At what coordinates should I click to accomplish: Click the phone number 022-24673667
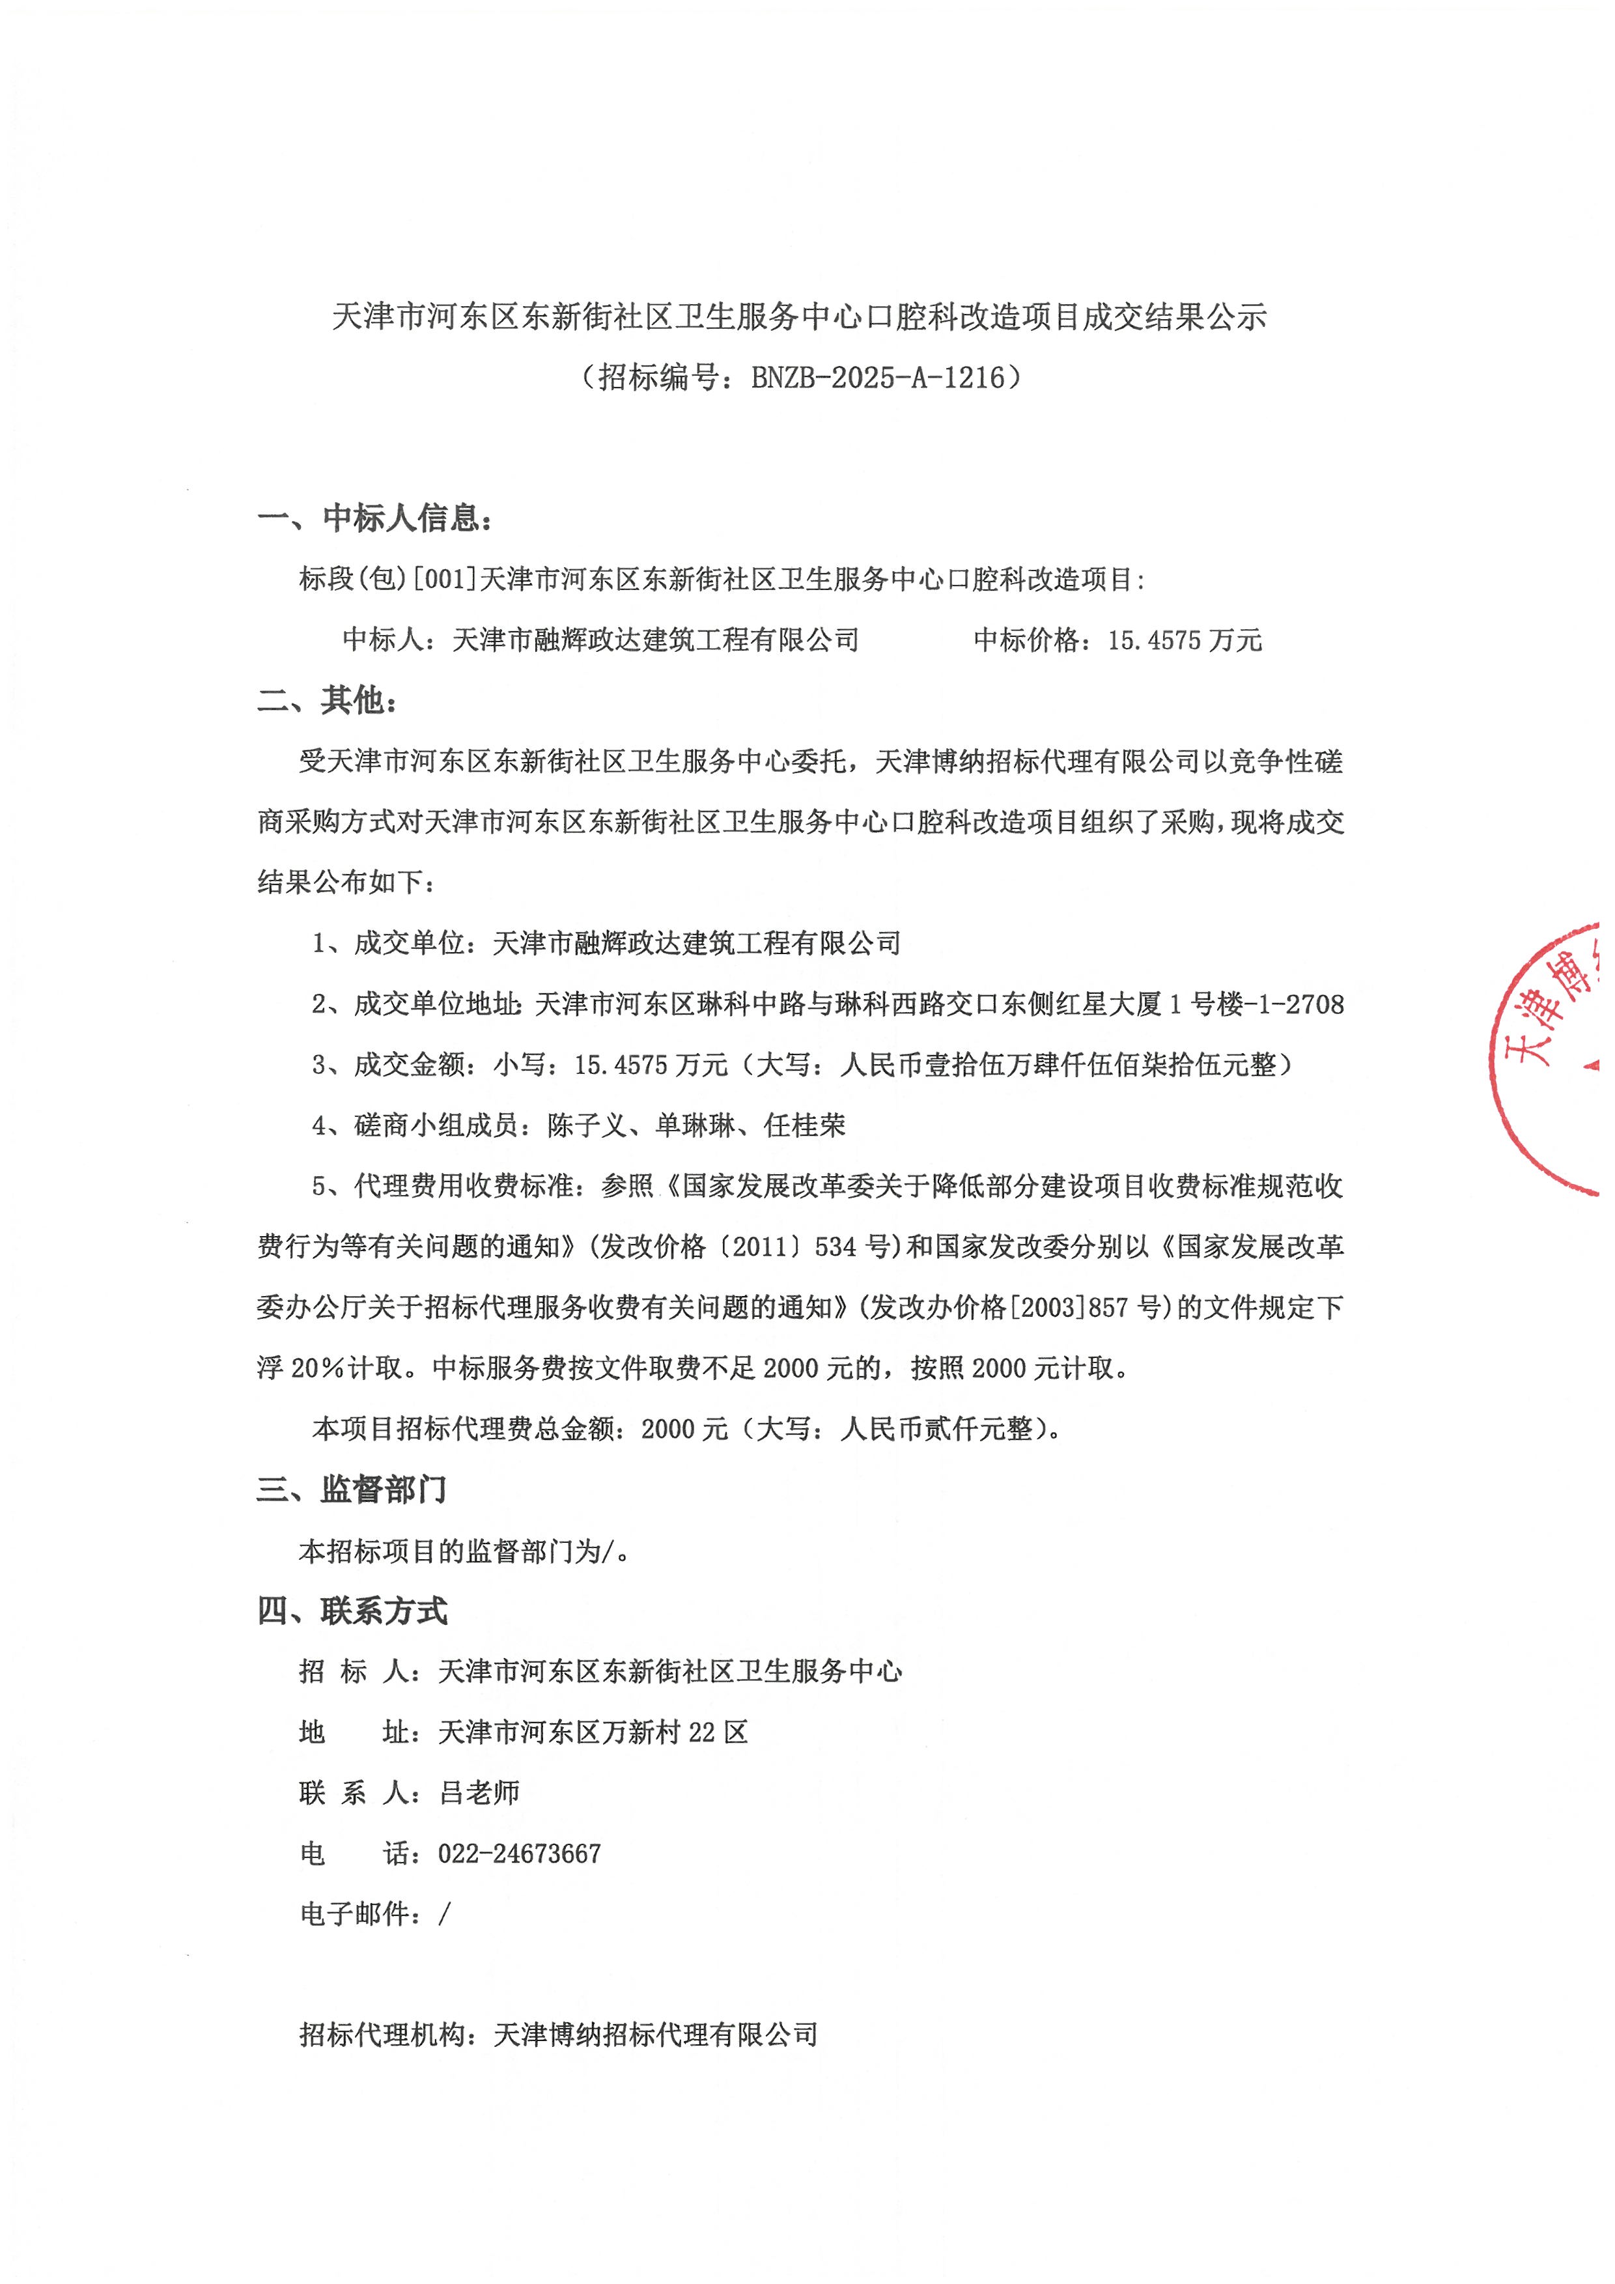pyautogui.click(x=519, y=1854)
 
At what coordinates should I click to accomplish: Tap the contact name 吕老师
pyautogui.click(x=479, y=1792)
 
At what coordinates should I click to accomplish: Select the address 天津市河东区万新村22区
pyautogui.click(x=593, y=1732)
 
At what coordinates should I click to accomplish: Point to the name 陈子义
pyautogui.click(x=587, y=1125)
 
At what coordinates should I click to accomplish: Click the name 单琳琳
pyautogui.click(x=695, y=1125)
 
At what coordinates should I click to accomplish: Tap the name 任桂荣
pyautogui.click(x=804, y=1125)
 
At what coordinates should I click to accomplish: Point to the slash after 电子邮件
pyautogui.click(x=445, y=1914)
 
